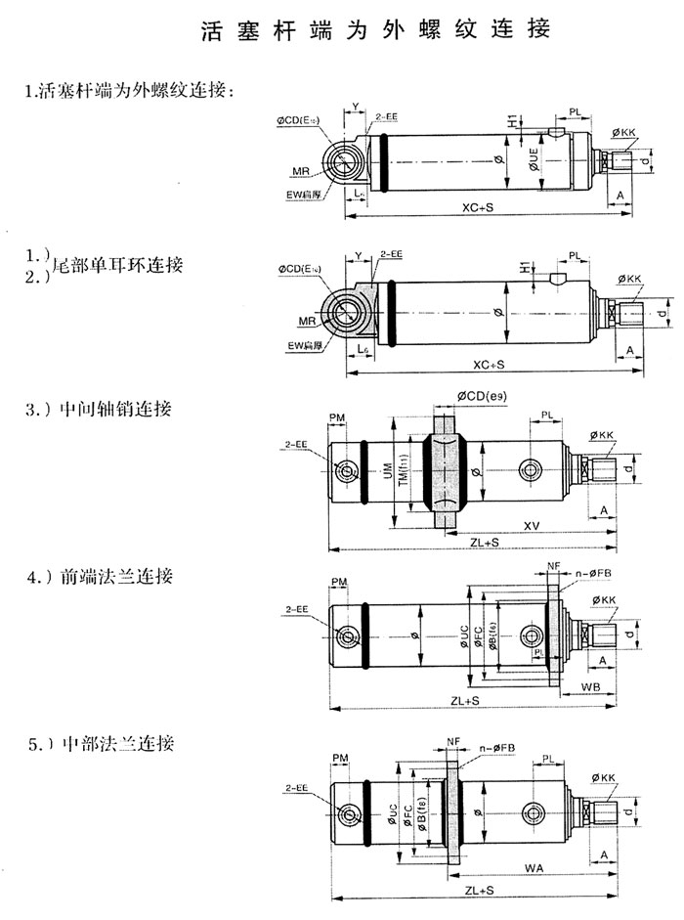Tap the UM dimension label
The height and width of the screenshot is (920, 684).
pos(387,472)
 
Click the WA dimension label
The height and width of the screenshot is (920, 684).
pos(533,866)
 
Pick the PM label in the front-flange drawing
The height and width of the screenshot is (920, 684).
pos(339,584)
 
